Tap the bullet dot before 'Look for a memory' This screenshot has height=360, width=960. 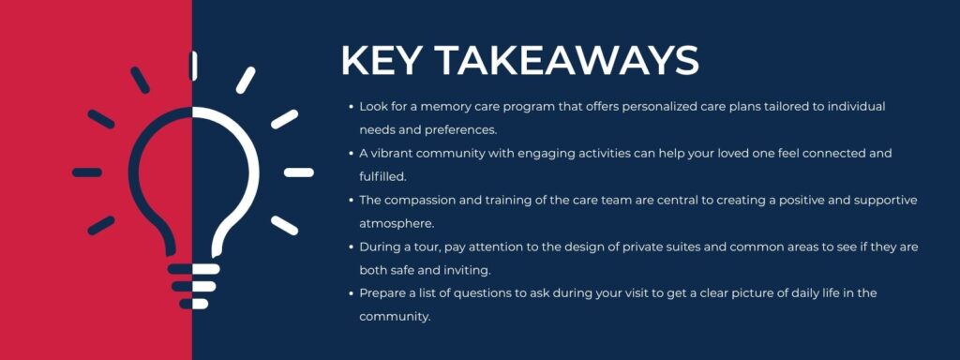(351, 107)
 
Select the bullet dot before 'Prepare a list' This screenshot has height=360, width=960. (351, 293)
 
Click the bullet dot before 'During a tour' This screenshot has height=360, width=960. (351, 247)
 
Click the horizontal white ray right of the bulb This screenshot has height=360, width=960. (298, 172)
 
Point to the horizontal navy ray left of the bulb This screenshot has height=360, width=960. (87, 172)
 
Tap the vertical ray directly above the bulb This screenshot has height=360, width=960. (193, 66)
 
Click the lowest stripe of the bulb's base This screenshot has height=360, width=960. (193, 303)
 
